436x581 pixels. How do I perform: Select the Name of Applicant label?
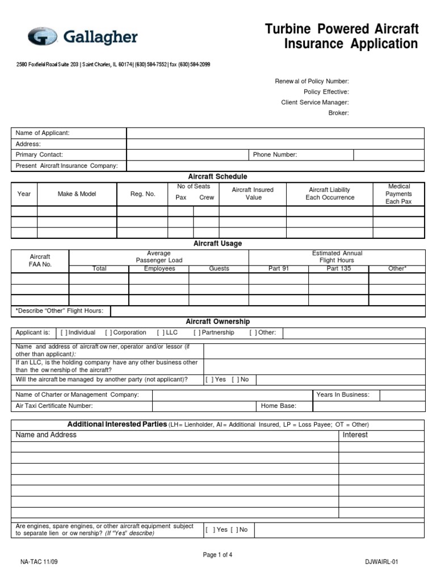[x=43, y=133]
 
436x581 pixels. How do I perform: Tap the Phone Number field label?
[x=275, y=154]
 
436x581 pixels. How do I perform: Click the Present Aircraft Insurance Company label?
[x=66, y=166]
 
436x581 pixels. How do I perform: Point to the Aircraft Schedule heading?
[x=217, y=176]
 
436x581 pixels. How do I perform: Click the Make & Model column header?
[x=77, y=194]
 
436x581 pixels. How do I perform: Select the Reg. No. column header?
[x=142, y=194]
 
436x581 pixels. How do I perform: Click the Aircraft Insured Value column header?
[x=253, y=193]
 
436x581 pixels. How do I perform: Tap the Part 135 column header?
[x=338, y=268]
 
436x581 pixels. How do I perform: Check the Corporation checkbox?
[x=108, y=332]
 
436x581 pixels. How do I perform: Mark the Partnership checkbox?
[x=197, y=332]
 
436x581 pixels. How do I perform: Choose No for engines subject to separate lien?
[x=234, y=529]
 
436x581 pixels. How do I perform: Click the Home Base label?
[x=278, y=406]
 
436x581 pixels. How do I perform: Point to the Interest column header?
[x=355, y=435]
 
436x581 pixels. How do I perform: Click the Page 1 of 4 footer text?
[x=217, y=555]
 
